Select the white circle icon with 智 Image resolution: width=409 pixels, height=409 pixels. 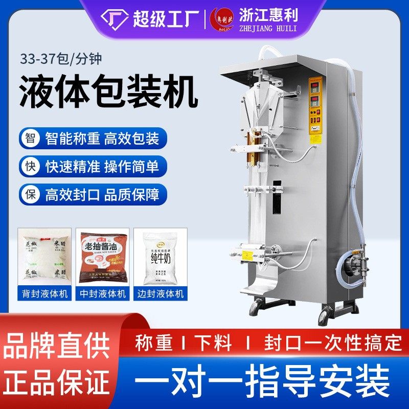tap(30, 138)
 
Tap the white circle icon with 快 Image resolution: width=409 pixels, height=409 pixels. tap(30, 166)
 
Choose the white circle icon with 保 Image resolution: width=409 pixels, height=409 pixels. tap(30, 194)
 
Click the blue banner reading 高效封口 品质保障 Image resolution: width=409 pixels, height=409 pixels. tap(102, 194)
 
